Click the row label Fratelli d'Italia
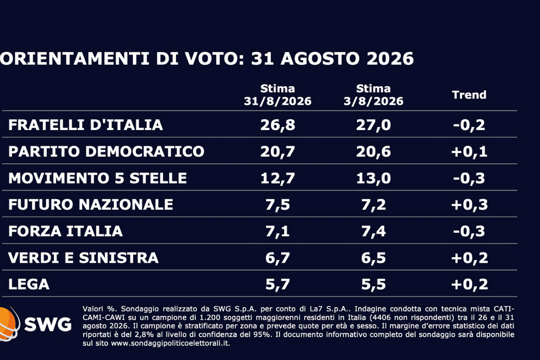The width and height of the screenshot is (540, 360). click(x=85, y=125)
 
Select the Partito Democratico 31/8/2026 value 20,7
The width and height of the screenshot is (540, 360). click(x=278, y=152)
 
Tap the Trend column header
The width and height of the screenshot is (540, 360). click(x=469, y=95)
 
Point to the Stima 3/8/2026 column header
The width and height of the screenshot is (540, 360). click(x=373, y=95)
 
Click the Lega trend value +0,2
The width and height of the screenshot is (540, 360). click(x=469, y=284)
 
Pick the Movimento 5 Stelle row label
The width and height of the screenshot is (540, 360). click(x=98, y=178)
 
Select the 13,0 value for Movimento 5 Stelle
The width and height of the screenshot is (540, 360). click(x=373, y=178)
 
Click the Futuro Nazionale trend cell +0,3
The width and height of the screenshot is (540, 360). click(x=469, y=205)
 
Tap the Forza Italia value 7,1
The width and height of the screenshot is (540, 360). click(x=278, y=231)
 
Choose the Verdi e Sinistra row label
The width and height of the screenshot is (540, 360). click(x=83, y=257)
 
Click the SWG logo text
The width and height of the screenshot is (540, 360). click(x=48, y=324)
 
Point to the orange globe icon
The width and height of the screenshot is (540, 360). click(x=8, y=324)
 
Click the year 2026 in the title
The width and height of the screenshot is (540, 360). click(x=390, y=58)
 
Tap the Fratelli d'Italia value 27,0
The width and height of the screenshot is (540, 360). click(x=373, y=125)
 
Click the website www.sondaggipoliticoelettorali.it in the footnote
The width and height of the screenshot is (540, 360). click(x=170, y=343)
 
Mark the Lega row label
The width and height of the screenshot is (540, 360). click(x=29, y=284)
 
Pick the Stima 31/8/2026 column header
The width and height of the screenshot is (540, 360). click(x=278, y=95)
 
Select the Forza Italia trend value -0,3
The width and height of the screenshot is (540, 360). click(x=469, y=231)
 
